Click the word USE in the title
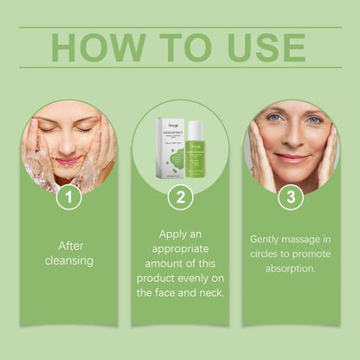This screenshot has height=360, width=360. tap(264, 48)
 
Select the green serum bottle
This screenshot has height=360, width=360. tap(194, 151)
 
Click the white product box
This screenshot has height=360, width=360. tap(168, 148)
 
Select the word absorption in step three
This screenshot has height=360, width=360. tap(292, 269)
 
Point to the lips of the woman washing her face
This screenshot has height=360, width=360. tap(67, 161)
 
